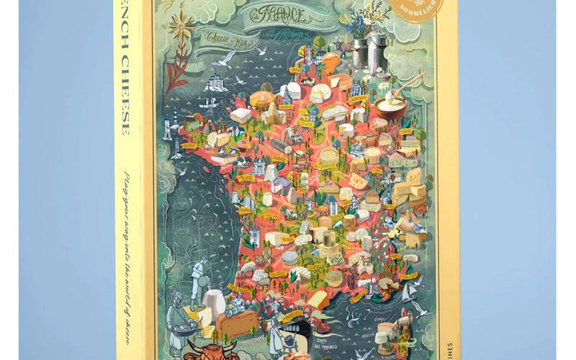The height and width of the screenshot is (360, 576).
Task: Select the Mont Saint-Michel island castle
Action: [x=217, y=83]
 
